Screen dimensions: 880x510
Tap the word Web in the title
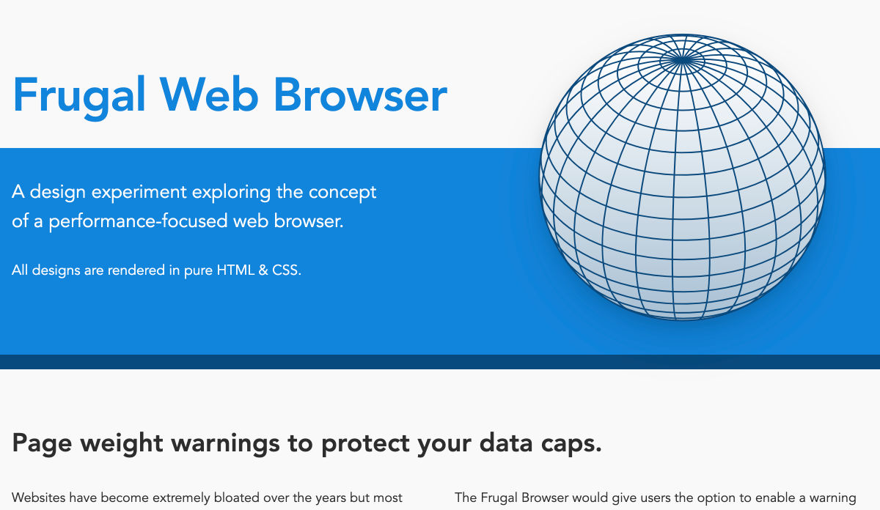(x=208, y=95)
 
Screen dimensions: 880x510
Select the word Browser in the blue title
(x=360, y=95)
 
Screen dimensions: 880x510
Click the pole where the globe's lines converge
(x=683, y=59)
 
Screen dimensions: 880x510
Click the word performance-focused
(x=139, y=221)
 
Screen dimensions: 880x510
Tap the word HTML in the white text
(x=235, y=270)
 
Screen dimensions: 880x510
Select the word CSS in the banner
(x=287, y=270)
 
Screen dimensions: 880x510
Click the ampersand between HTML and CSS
(x=263, y=270)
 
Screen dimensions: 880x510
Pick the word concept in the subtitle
(x=342, y=193)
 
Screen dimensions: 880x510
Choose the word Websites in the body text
(x=39, y=498)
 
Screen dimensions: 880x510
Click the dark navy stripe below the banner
(x=440, y=362)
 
